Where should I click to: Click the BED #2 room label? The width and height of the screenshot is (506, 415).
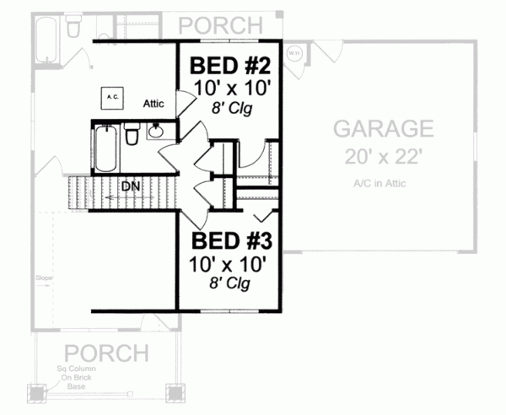230,65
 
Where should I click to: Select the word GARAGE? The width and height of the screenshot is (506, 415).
384,128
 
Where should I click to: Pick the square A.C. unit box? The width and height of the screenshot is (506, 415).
113,98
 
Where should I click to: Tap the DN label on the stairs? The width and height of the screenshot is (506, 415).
130,186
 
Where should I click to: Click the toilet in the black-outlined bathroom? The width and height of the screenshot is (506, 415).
132,136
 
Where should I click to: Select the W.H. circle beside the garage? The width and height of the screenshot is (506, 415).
293,52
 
